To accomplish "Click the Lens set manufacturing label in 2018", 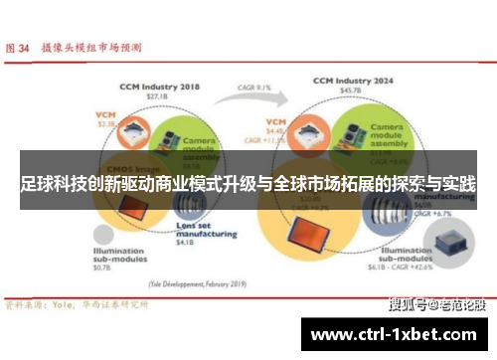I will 196,228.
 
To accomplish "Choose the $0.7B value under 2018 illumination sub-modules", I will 103,270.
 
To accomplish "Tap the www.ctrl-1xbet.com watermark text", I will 398,332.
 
